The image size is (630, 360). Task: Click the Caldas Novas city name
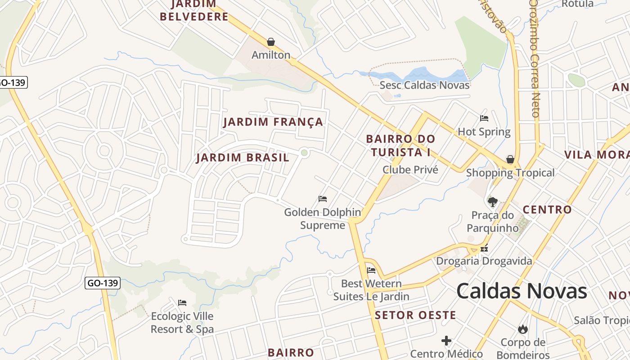[x=522, y=291]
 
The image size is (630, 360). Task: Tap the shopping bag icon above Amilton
[x=271, y=42]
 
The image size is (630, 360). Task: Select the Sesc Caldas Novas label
[x=424, y=85]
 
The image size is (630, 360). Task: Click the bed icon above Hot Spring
[x=484, y=118]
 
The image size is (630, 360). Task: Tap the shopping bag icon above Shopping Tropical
[x=510, y=159]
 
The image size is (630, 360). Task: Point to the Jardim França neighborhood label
[x=273, y=122]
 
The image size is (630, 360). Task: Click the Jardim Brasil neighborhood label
[x=243, y=158]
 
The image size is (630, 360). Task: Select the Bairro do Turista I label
[x=400, y=145]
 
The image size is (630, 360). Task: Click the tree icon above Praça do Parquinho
[x=493, y=202]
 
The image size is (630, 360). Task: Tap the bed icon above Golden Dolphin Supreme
[x=322, y=198]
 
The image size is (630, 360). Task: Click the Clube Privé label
[x=410, y=170]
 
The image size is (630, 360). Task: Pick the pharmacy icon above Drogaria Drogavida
[x=484, y=247]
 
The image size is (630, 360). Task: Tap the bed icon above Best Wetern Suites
[x=371, y=270]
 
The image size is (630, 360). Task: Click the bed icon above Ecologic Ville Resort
[x=182, y=302]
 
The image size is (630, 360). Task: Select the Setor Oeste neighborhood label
[x=415, y=315]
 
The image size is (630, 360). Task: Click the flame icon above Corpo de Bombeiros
[x=522, y=329]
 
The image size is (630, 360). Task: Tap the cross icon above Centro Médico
[x=446, y=341]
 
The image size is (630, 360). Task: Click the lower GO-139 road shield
[x=103, y=283]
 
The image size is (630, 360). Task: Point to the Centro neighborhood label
[x=547, y=209]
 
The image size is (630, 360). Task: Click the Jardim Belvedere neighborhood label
[x=194, y=11]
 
